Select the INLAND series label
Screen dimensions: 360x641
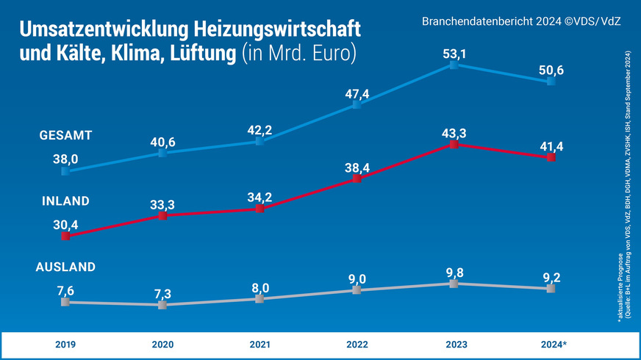[x=65, y=201]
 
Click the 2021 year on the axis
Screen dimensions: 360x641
[x=259, y=344]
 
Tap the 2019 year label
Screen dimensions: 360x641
[x=65, y=344]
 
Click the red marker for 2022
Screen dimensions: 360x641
[x=357, y=179]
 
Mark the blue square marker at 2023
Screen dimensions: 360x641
[x=454, y=65]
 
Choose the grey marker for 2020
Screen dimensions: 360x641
[x=162, y=304]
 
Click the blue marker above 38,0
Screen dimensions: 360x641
[x=65, y=171]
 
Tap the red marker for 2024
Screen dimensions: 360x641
[x=551, y=157]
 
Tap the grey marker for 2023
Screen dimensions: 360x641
[x=454, y=283]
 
